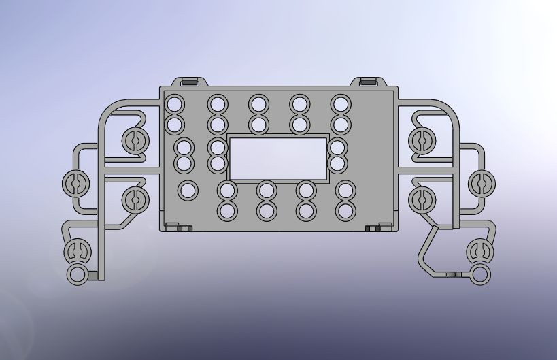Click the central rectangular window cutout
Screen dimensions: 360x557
(x=277, y=158)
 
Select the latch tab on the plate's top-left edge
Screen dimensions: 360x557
(x=190, y=82)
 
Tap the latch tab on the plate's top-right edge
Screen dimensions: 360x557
(x=368, y=82)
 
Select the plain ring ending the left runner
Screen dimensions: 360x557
(x=78, y=275)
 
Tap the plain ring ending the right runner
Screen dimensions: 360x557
(x=480, y=275)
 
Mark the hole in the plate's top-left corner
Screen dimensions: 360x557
(x=175, y=104)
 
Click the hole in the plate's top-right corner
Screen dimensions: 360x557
(x=341, y=104)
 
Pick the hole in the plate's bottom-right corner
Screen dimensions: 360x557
(x=346, y=211)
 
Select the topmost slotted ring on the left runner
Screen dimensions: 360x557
(x=135, y=140)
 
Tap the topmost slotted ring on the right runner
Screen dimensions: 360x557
(x=422, y=140)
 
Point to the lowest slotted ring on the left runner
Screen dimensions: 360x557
(x=78, y=251)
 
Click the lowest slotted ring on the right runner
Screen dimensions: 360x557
(x=479, y=251)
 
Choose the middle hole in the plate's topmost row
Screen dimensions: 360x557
(x=258, y=104)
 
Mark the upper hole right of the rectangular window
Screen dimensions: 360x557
(x=337, y=147)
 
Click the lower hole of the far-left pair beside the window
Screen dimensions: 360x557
(x=184, y=164)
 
